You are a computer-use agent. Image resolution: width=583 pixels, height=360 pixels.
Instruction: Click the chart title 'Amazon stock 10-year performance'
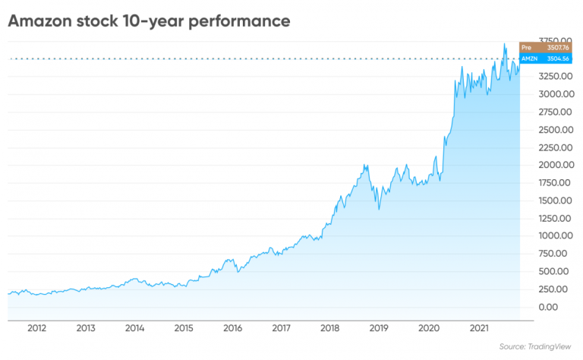click(149, 21)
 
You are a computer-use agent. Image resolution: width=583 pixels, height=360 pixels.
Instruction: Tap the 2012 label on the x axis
click(36, 328)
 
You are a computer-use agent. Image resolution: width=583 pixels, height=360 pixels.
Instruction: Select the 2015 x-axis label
click(183, 328)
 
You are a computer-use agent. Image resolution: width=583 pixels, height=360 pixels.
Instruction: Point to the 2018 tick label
click(330, 328)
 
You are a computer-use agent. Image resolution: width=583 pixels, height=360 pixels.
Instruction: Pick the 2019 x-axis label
click(379, 328)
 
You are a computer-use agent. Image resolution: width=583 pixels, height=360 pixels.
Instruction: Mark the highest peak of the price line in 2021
click(505, 44)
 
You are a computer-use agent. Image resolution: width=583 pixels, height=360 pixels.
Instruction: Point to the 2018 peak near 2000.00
click(366, 165)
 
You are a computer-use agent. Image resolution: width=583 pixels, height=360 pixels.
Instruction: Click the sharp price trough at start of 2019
click(378, 210)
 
